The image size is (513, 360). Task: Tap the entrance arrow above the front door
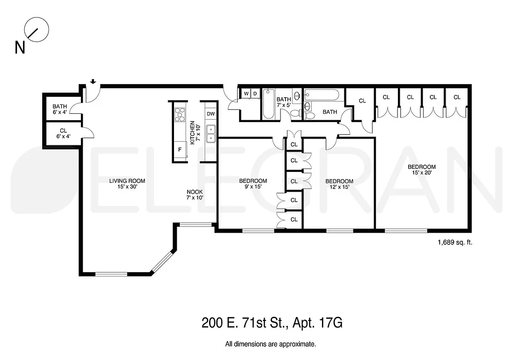[93, 81]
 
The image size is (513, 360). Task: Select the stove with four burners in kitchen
[179, 114]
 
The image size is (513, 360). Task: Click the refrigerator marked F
[180, 149]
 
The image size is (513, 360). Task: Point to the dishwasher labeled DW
[210, 114]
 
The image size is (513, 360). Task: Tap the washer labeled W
[246, 94]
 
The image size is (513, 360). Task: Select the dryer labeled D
[255, 94]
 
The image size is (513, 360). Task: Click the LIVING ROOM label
[127, 184]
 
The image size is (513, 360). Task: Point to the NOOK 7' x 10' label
[195, 194]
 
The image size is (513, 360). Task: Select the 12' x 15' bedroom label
[339, 184]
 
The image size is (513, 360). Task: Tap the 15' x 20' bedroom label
[421, 170]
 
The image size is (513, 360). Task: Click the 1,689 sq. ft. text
[455, 242]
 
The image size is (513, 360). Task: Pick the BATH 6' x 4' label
[59, 109]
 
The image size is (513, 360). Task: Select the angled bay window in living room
[162, 262]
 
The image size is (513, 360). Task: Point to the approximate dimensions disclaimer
[270, 344]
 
